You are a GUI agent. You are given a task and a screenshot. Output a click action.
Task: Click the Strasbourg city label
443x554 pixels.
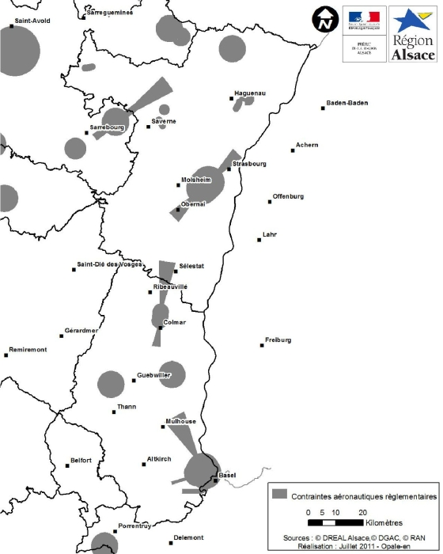pos(250,165)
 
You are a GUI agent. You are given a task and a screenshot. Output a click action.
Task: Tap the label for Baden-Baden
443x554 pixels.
pos(349,103)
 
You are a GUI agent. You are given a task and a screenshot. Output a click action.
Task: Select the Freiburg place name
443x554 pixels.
pos(278,340)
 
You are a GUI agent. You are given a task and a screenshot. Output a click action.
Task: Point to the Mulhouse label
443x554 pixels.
pos(180,421)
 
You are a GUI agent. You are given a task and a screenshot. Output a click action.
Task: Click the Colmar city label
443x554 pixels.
pos(174,322)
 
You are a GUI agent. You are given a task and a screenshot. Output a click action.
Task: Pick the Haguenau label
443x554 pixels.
pos(250,93)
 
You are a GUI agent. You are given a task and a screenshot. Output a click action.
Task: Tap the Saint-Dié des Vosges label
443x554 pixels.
pos(115,264)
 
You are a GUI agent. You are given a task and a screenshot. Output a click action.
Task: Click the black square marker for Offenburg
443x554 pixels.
pos(270,201)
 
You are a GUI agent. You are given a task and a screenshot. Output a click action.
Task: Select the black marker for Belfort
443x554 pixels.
pos(66,465)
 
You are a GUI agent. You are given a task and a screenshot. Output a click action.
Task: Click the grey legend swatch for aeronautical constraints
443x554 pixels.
pos(278,494)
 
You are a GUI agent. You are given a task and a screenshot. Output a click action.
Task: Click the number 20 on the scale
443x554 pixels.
pos(363,513)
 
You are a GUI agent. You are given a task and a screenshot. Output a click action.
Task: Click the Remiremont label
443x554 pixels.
pos(28,349)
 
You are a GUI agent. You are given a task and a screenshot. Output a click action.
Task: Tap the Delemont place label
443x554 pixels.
pos(188,537)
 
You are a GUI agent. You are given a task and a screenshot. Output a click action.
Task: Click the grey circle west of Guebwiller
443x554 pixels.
pos(111,385)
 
